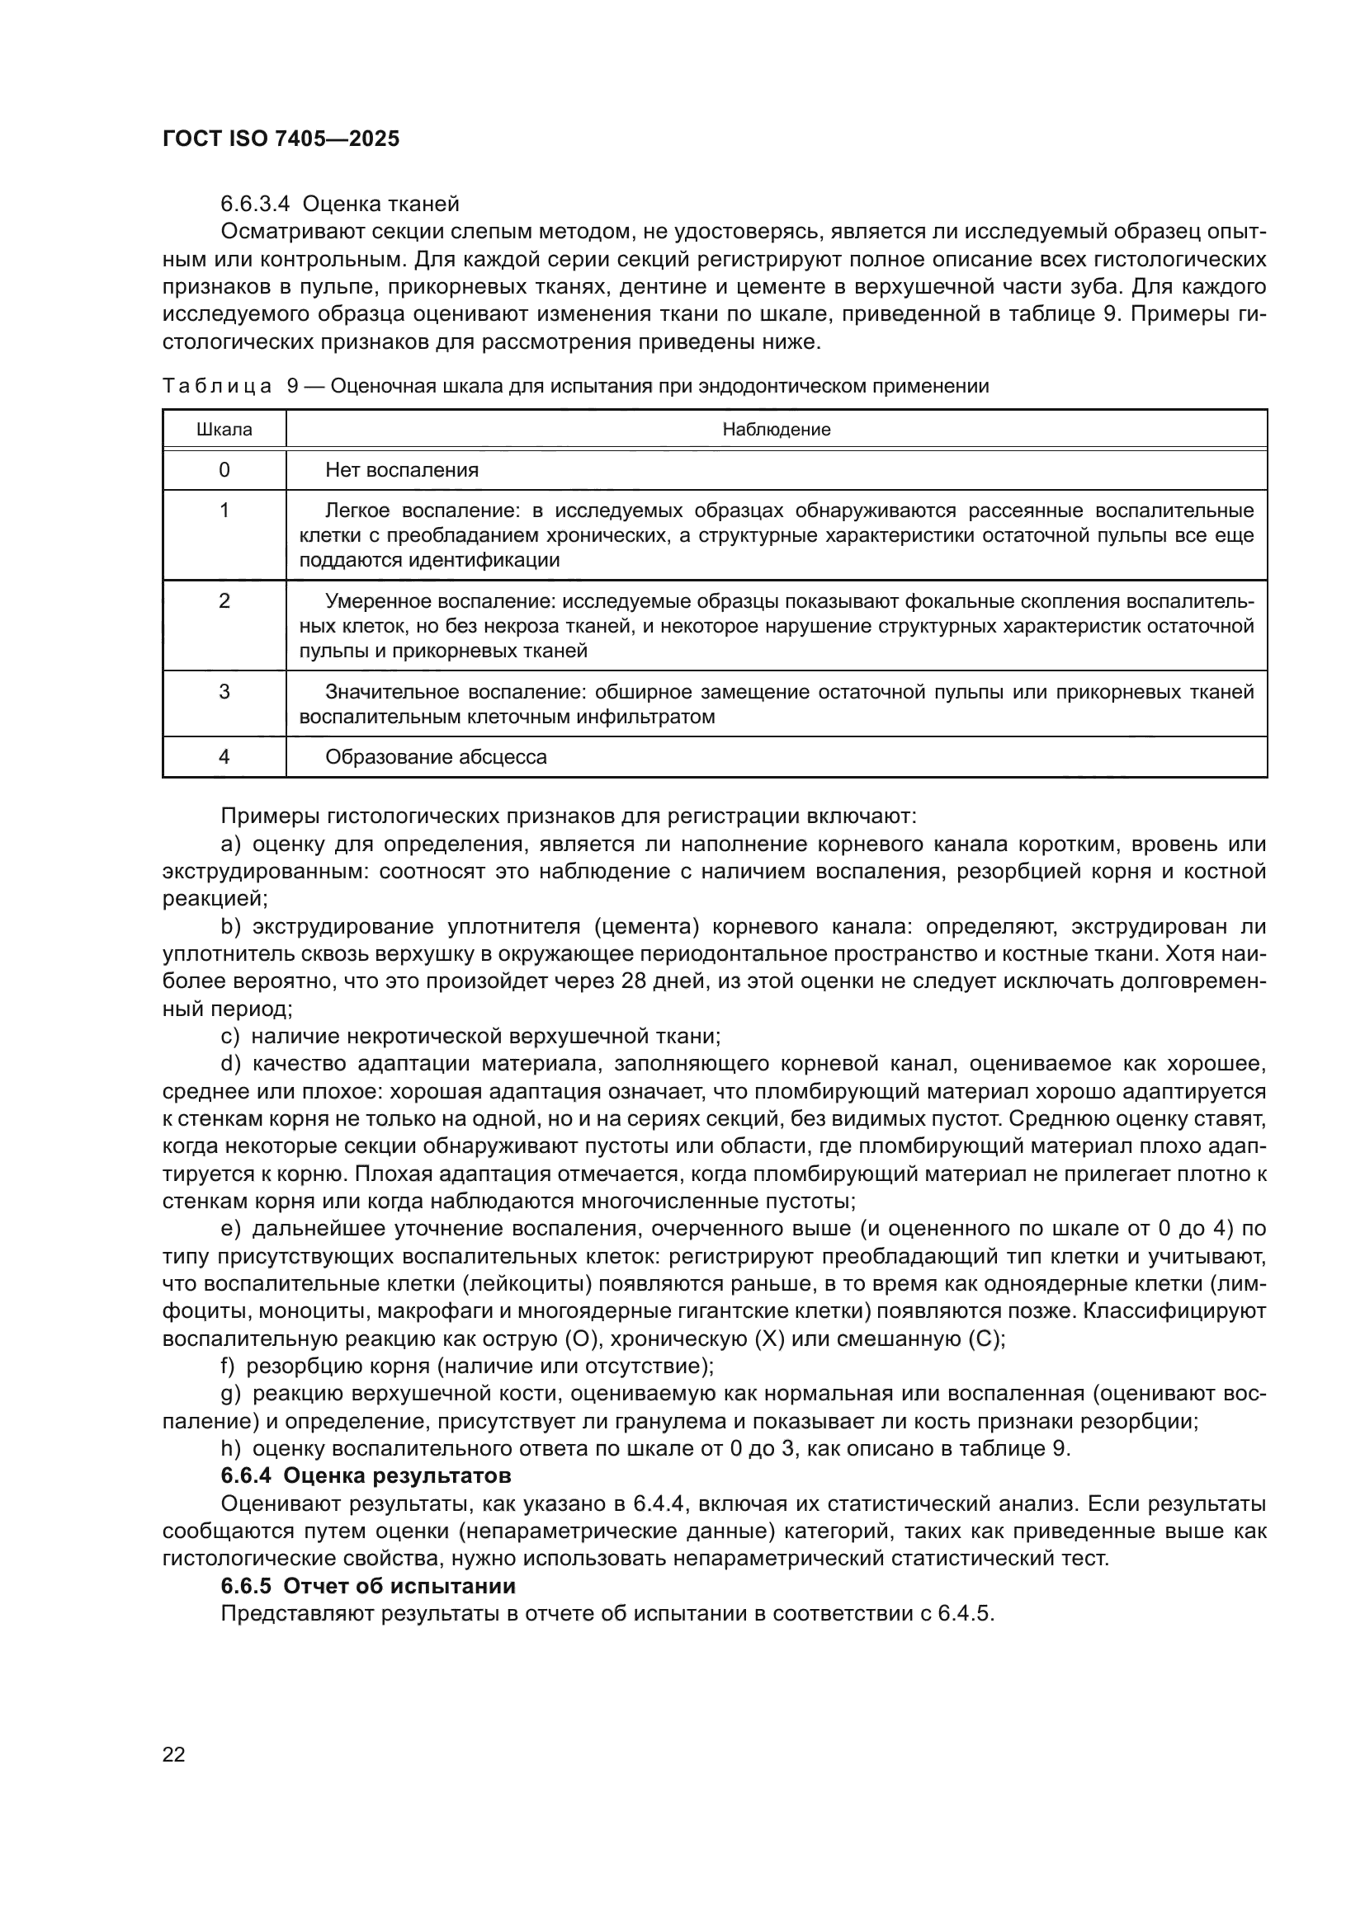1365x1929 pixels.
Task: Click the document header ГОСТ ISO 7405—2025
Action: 281,139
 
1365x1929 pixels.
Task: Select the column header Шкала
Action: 224,430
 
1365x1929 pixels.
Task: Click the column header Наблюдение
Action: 776,430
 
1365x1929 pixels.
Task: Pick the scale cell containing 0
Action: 224,469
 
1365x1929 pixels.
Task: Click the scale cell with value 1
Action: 224,510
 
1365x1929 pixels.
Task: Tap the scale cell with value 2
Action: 224,601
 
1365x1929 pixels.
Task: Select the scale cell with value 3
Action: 224,692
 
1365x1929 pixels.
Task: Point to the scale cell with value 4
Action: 224,757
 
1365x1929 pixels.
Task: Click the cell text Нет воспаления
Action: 402,469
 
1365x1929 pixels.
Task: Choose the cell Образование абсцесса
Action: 436,757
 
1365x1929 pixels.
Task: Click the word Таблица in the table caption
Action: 217,387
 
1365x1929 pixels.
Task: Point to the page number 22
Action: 173,1754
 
